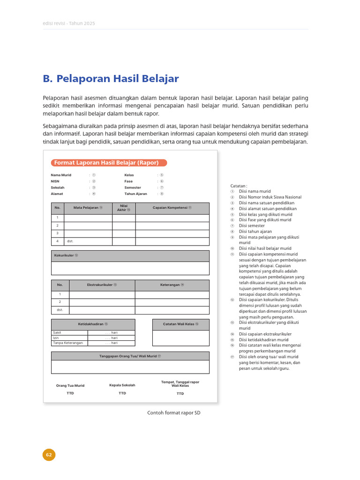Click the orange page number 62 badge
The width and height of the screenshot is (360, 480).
[49, 455]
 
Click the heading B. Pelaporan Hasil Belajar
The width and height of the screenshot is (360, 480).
[111, 79]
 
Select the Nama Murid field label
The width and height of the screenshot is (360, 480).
[61, 174]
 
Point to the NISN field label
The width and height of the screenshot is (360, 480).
[55, 181]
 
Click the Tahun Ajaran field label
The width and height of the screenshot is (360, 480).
[135, 194]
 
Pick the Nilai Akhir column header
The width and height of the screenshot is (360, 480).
[124, 208]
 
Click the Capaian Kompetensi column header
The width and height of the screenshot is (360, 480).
[172, 208]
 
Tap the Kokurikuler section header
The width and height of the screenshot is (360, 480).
[66, 255]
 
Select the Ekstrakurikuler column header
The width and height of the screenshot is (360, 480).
[102, 285]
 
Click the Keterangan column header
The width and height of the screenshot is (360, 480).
[172, 285]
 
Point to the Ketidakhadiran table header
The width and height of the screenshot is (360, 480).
[93, 324]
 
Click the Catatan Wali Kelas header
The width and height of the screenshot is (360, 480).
[180, 324]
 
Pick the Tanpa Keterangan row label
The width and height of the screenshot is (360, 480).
[68, 343]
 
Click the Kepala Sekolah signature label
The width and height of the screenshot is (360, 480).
[122, 385]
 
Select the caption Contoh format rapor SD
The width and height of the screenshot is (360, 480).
[174, 412]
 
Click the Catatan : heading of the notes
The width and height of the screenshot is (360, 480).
[239, 186]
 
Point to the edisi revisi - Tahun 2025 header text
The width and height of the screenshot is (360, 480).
[69, 23]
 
